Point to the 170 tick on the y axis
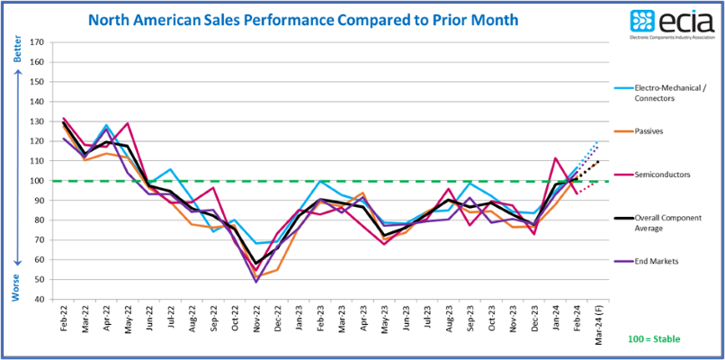pyautogui.click(x=37, y=42)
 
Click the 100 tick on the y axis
pyautogui.click(x=37, y=181)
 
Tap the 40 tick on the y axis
pyautogui.click(x=39, y=300)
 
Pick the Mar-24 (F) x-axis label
pyautogui.click(x=598, y=326)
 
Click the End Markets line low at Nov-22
pyautogui.click(x=256, y=282)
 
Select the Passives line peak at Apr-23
pyautogui.click(x=363, y=193)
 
